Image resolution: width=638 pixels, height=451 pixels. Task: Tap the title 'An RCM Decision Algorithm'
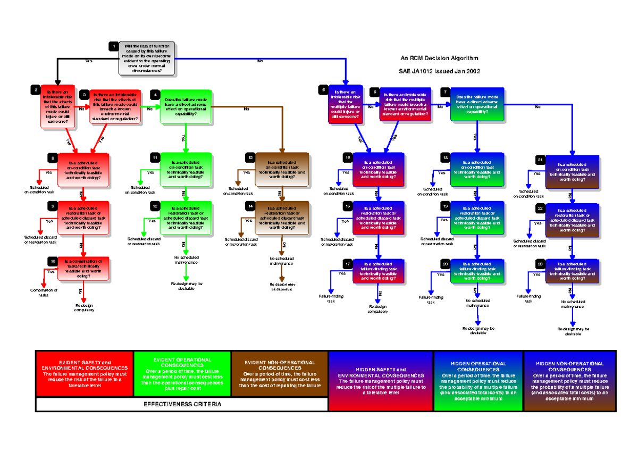pyautogui.click(x=439, y=58)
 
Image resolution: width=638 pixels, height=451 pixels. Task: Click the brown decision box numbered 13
pyautogui.click(x=282, y=169)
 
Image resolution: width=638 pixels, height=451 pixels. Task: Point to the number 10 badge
pyautogui.click(x=53, y=261)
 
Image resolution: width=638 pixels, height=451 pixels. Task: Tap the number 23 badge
pyautogui.click(x=540, y=264)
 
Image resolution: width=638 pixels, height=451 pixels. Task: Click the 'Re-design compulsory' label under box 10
pyautogui.click(x=84, y=308)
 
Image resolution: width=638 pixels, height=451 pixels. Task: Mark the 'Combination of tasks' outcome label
pyautogui.click(x=44, y=293)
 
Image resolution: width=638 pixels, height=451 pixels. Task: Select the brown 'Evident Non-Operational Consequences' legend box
pyautogui.click(x=280, y=374)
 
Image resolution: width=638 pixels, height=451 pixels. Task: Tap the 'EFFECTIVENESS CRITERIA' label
pyautogui.click(x=182, y=404)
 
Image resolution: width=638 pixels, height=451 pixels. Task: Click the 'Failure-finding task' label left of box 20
pyautogui.click(x=431, y=300)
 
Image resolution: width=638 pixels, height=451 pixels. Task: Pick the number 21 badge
pyautogui.click(x=540, y=160)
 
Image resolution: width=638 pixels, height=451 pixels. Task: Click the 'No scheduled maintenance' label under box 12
pyautogui.click(x=186, y=260)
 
